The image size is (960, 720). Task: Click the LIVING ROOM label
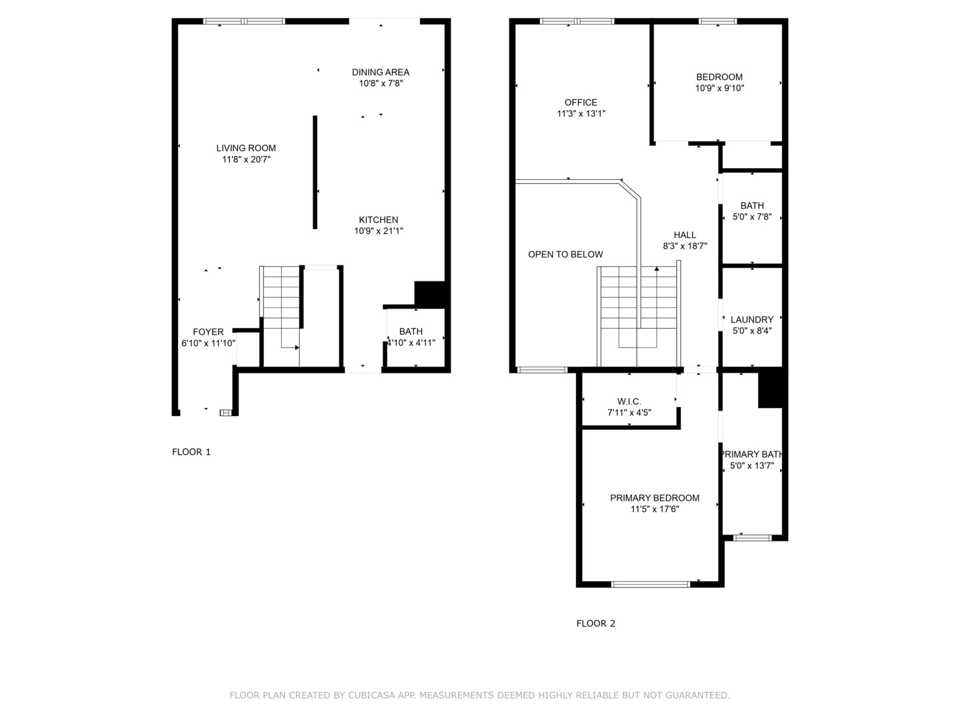click(x=246, y=148)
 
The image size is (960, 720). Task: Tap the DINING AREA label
click(x=381, y=72)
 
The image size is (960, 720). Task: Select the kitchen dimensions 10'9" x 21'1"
click(x=378, y=231)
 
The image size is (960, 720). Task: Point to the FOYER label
click(x=208, y=332)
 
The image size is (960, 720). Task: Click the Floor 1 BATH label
click(x=411, y=331)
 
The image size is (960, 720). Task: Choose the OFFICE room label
click(x=581, y=102)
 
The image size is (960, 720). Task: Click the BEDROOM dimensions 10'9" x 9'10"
click(x=719, y=88)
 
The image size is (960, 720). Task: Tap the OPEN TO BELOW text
click(x=565, y=255)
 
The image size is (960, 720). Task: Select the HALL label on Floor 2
click(x=685, y=235)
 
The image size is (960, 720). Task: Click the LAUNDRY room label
click(x=752, y=319)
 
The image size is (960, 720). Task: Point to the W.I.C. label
click(x=629, y=401)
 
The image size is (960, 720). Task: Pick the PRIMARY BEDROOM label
click(x=655, y=498)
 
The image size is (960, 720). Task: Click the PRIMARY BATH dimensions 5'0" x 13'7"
click(x=752, y=465)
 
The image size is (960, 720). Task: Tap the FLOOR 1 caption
click(x=191, y=452)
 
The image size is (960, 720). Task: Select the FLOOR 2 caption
click(x=596, y=623)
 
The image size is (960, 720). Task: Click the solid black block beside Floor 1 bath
click(x=430, y=294)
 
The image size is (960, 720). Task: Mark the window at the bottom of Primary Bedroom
click(x=651, y=584)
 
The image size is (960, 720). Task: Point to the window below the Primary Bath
click(x=752, y=538)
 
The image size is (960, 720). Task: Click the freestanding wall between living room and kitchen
click(x=315, y=172)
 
